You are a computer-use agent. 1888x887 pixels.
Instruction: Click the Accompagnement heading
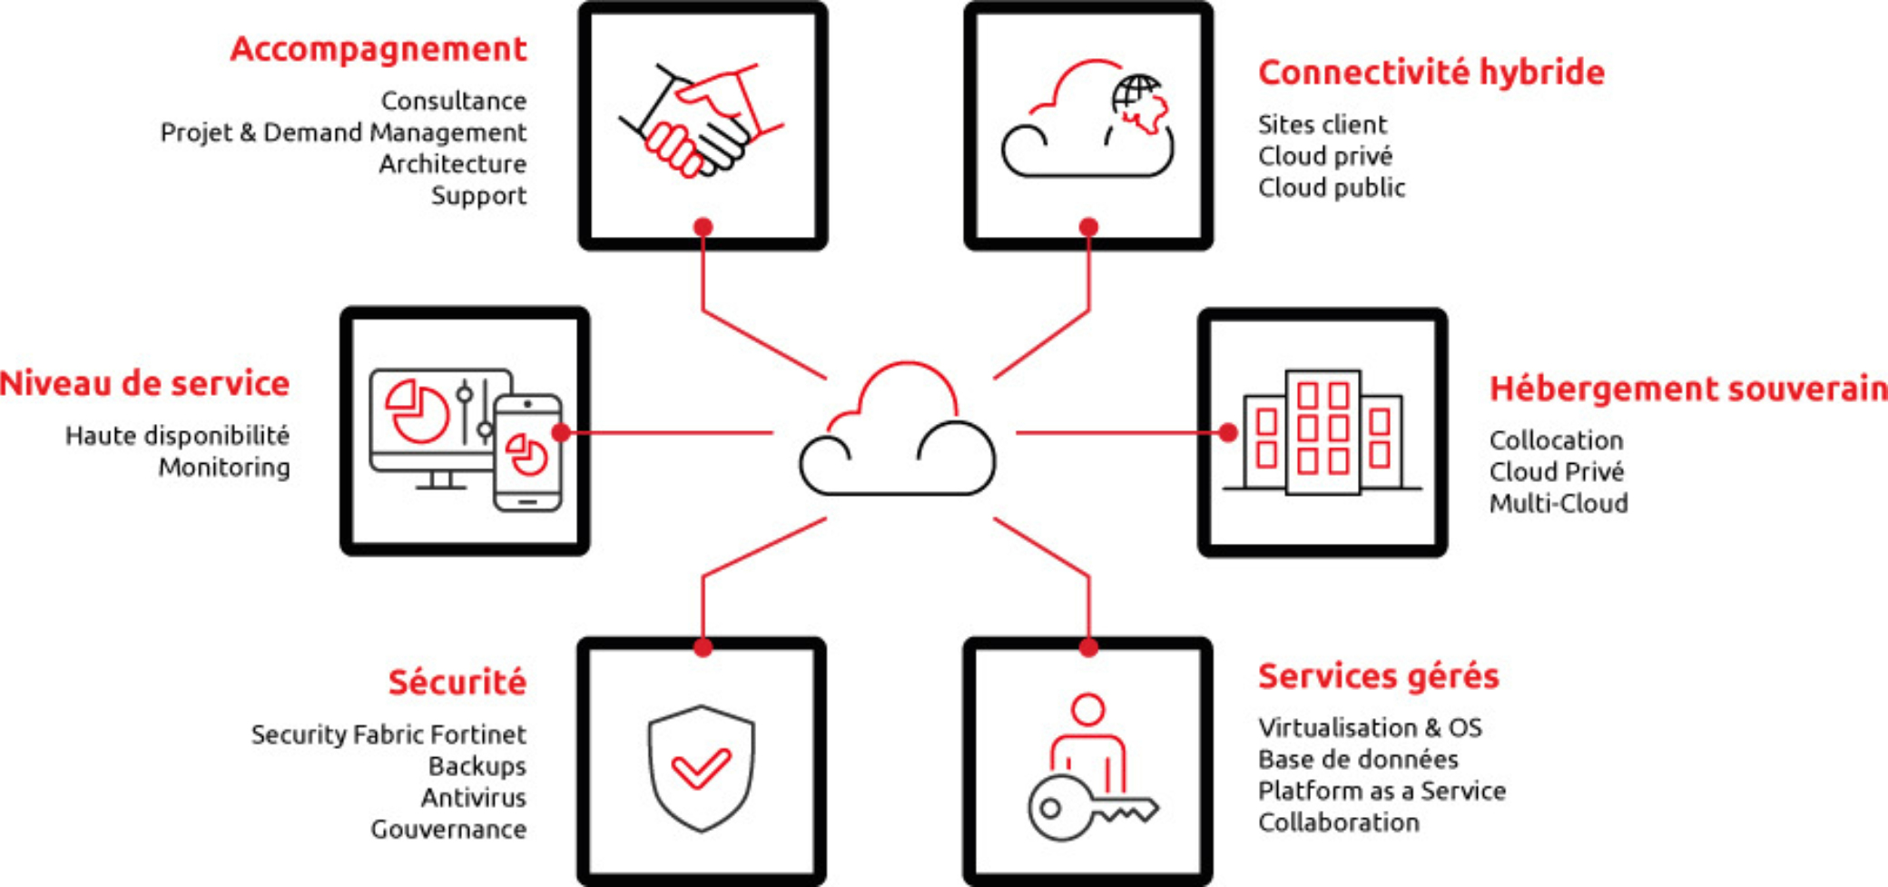pyautogui.click(x=379, y=49)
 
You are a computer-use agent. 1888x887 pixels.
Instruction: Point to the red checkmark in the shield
pyautogui.click(x=700, y=769)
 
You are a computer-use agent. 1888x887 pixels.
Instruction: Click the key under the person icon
pyautogui.click(x=1088, y=807)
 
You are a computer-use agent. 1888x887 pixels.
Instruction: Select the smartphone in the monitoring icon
pyautogui.click(x=527, y=453)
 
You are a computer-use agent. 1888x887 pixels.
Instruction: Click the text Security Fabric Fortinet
pyautogui.click(x=388, y=734)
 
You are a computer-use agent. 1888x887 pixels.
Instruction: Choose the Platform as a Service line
pyautogui.click(x=1382, y=791)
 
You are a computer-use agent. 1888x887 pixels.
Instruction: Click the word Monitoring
pyautogui.click(x=224, y=468)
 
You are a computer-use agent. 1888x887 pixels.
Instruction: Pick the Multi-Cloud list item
pyautogui.click(x=1558, y=503)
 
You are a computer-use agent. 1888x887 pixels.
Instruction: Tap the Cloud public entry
pyautogui.click(x=1331, y=188)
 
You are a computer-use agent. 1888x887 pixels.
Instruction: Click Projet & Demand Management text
pyautogui.click(x=343, y=133)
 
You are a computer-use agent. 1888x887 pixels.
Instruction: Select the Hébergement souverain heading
pyautogui.click(x=1687, y=389)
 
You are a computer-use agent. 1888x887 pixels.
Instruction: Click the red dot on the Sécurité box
pyautogui.click(x=703, y=647)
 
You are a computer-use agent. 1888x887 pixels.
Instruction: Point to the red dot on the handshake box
pyautogui.click(x=703, y=226)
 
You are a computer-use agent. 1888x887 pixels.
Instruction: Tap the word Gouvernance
pyautogui.click(x=448, y=830)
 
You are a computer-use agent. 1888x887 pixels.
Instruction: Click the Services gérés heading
pyautogui.click(x=1378, y=676)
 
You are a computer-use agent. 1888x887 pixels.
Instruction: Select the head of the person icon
pyautogui.click(x=1087, y=709)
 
